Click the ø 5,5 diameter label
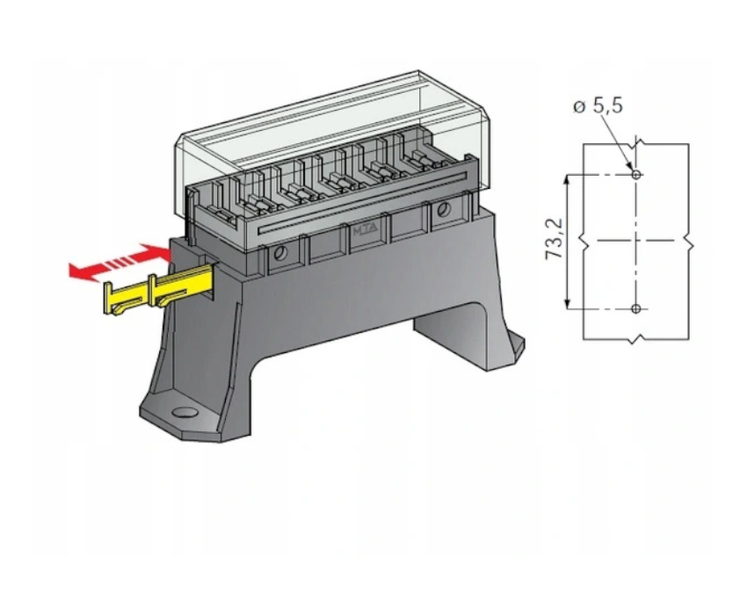tap(598, 105)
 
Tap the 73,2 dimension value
tap(554, 239)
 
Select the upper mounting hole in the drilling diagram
tap(636, 175)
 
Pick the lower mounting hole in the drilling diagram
tap(636, 308)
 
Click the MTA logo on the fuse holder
tap(365, 230)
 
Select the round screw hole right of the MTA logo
tap(444, 208)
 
